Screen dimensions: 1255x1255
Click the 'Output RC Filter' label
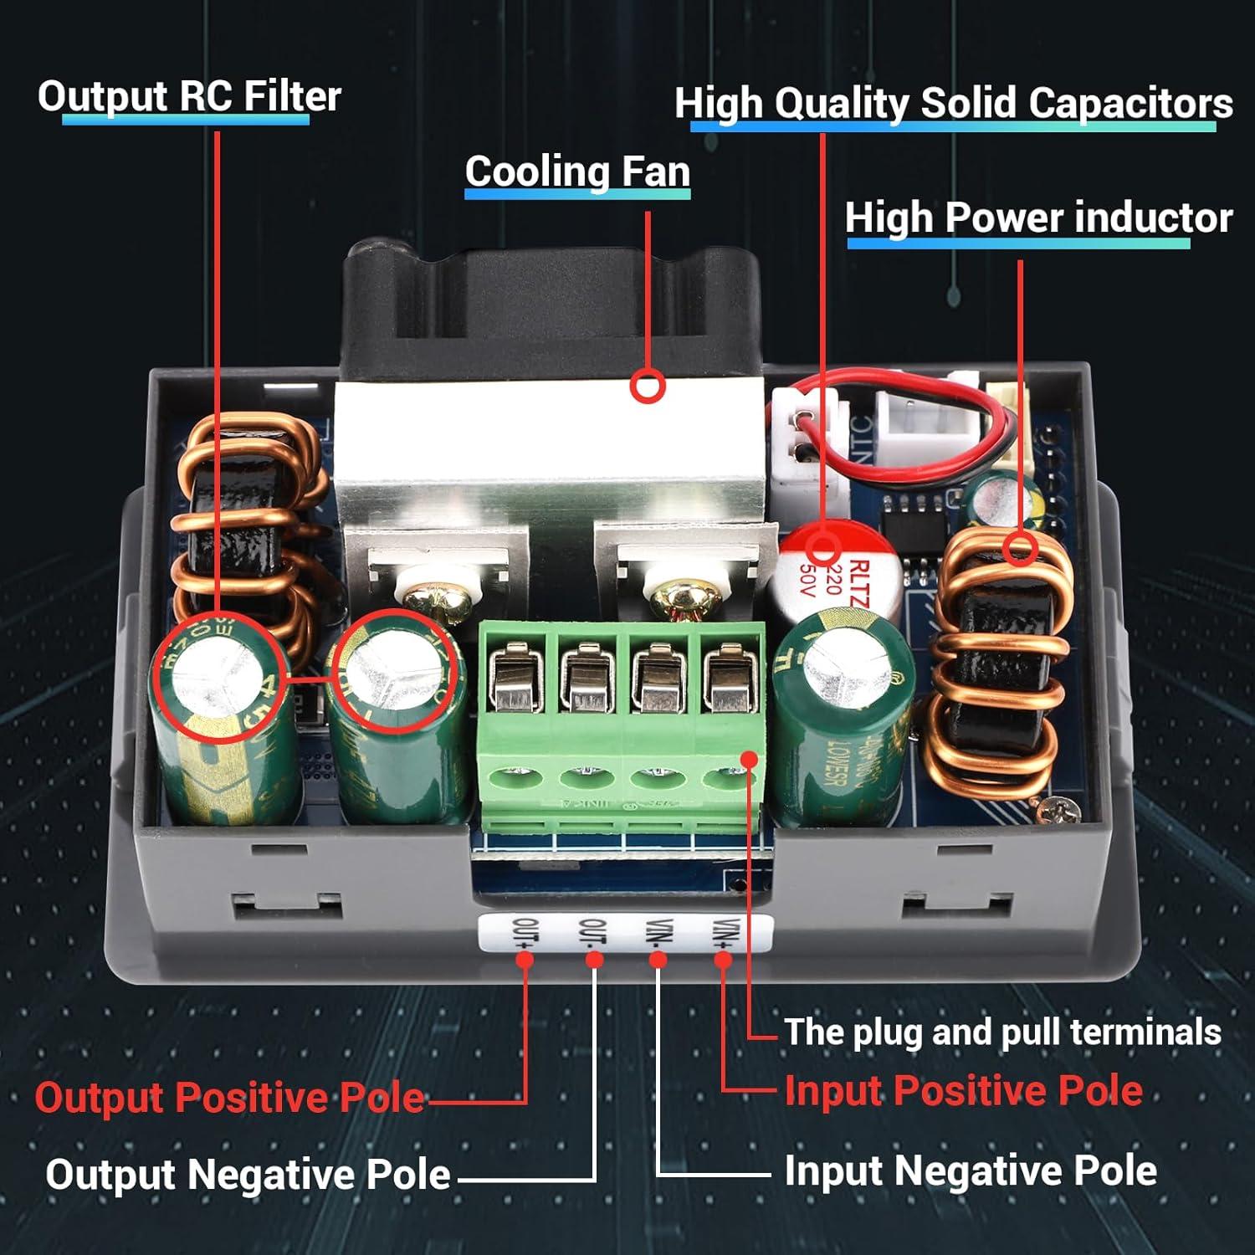(189, 96)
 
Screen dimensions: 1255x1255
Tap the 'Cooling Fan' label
(577, 172)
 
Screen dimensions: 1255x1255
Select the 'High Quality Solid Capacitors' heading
(954, 104)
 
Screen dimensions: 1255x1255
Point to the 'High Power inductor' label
(1038, 218)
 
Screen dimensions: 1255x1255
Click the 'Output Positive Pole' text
(229, 1097)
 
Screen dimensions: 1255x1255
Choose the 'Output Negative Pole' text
(248, 1174)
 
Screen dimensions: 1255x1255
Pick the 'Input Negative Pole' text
(971, 1170)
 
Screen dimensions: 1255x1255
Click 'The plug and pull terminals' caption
(1002, 1032)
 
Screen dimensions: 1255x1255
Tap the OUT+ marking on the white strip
(525, 933)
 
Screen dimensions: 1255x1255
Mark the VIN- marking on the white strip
(658, 933)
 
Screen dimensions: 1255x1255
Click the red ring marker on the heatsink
(648, 387)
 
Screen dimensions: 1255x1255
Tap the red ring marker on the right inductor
(1021, 548)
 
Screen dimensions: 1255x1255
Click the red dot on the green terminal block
(750, 759)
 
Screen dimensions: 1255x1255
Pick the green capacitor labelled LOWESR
(841, 720)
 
